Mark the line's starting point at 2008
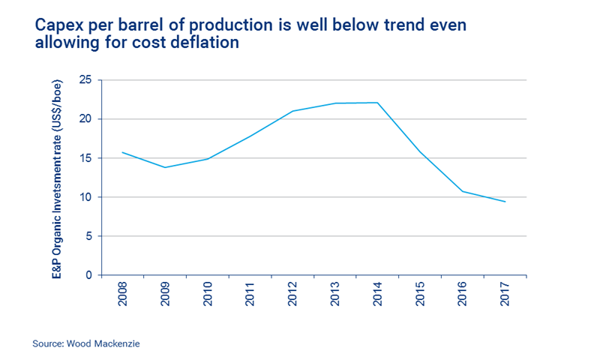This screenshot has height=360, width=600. click(121, 152)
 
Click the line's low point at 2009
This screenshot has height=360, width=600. click(164, 167)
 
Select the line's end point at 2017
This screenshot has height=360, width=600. click(505, 202)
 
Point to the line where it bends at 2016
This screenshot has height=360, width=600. click(463, 191)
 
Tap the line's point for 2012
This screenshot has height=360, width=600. click(292, 111)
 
